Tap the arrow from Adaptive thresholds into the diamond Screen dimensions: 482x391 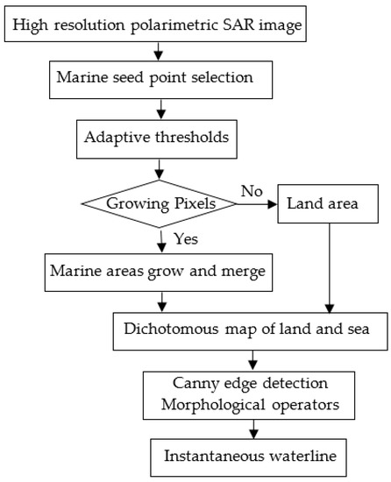[160, 167]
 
